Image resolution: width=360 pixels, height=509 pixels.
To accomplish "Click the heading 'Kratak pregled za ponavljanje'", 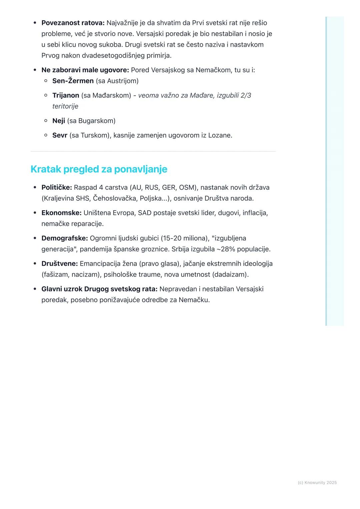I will point(99,169).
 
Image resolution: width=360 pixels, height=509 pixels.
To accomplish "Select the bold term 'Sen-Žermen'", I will point(73,81).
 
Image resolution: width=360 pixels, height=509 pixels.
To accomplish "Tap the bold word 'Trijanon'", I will point(66,96).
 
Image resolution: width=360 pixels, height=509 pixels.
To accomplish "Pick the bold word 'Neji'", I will point(59,121).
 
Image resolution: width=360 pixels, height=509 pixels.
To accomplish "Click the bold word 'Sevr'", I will point(60,136).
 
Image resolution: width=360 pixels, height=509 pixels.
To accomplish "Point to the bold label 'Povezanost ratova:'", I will point(73,23).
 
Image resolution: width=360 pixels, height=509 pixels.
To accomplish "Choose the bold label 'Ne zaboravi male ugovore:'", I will point(85,70).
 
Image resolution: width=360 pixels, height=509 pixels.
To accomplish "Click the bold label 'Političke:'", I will point(57,188).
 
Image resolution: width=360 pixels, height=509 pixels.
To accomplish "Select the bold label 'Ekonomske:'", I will point(61,213).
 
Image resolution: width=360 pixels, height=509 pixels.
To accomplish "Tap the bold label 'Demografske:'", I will point(65,238).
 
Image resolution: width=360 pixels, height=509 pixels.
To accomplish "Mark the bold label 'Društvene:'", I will point(60,264).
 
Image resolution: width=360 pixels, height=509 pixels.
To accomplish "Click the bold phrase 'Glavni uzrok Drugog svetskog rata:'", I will point(99,289).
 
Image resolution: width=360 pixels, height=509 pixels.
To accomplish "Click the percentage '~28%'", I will point(226,249).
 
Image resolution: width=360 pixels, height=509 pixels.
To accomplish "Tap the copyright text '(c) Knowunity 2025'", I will point(317,483).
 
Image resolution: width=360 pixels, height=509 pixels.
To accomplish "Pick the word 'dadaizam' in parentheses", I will point(233,275).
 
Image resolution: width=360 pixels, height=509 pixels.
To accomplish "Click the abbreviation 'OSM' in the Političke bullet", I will point(187,188).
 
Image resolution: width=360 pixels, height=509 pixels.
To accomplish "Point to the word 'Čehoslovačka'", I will point(114,199).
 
